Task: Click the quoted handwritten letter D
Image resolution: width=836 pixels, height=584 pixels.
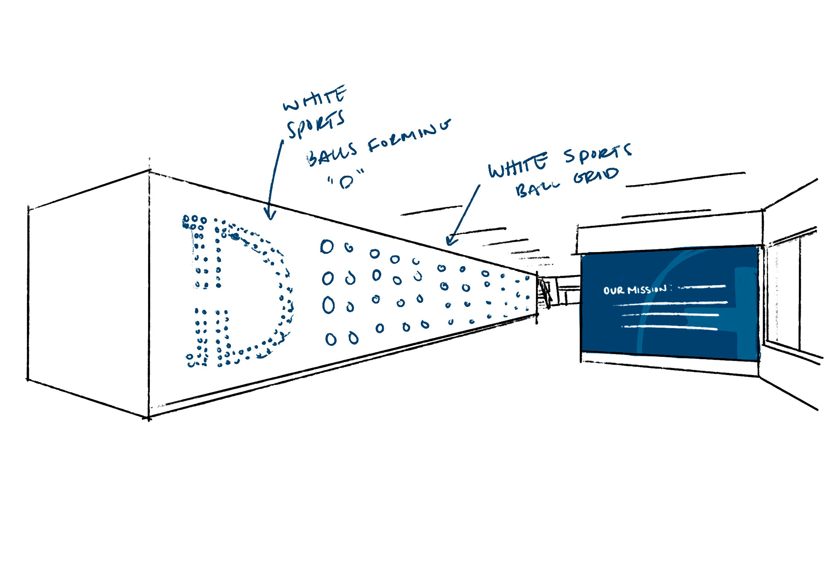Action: point(346,181)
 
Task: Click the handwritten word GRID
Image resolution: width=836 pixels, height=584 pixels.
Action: point(596,176)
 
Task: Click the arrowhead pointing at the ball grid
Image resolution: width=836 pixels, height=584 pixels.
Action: point(451,241)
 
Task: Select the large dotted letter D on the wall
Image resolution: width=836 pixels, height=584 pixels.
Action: point(237,292)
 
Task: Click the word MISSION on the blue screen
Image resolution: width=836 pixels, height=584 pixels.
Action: point(647,289)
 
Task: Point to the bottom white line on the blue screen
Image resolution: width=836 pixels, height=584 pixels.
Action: point(670,327)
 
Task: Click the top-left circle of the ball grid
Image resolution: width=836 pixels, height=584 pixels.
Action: point(327,246)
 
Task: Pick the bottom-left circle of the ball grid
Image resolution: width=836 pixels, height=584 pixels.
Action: point(331,339)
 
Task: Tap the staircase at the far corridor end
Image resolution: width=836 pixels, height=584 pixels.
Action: point(544,292)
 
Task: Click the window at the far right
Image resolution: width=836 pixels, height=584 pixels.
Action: point(784,296)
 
